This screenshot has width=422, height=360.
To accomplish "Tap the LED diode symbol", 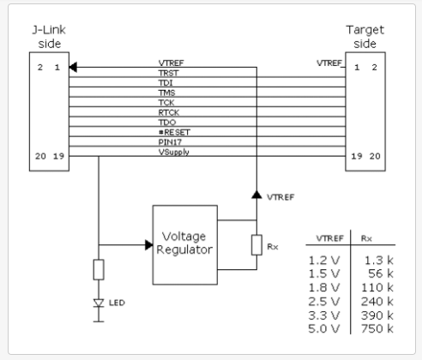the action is point(99,303).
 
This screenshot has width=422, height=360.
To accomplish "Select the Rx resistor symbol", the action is point(256,245).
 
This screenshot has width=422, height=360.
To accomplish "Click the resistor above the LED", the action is point(99,269).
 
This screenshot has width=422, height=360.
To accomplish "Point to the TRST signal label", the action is point(168,73).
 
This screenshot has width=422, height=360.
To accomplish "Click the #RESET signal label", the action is point(174,132).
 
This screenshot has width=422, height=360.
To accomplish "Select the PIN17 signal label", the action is point(170,142).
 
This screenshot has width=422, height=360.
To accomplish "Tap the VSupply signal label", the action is point(174,153).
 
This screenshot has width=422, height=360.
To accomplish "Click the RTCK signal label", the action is point(169,112).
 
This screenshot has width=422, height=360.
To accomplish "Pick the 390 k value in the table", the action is point(377,315).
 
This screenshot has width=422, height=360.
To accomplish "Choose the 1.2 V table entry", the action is point(324,261).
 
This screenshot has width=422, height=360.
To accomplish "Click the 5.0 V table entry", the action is point(324,329).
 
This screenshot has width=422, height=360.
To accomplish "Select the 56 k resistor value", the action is point(381,273).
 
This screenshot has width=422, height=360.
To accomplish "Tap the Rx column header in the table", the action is point(366,238).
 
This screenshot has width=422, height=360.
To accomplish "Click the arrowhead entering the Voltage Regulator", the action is point(149,245).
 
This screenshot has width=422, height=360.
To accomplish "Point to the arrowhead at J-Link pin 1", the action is point(73,68).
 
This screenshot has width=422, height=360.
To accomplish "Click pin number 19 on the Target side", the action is point(357,156).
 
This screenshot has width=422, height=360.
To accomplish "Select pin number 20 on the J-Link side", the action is point(40,156).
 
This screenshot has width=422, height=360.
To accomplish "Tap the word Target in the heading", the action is point(365,30).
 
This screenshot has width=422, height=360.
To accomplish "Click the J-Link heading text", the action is point(49,30).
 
